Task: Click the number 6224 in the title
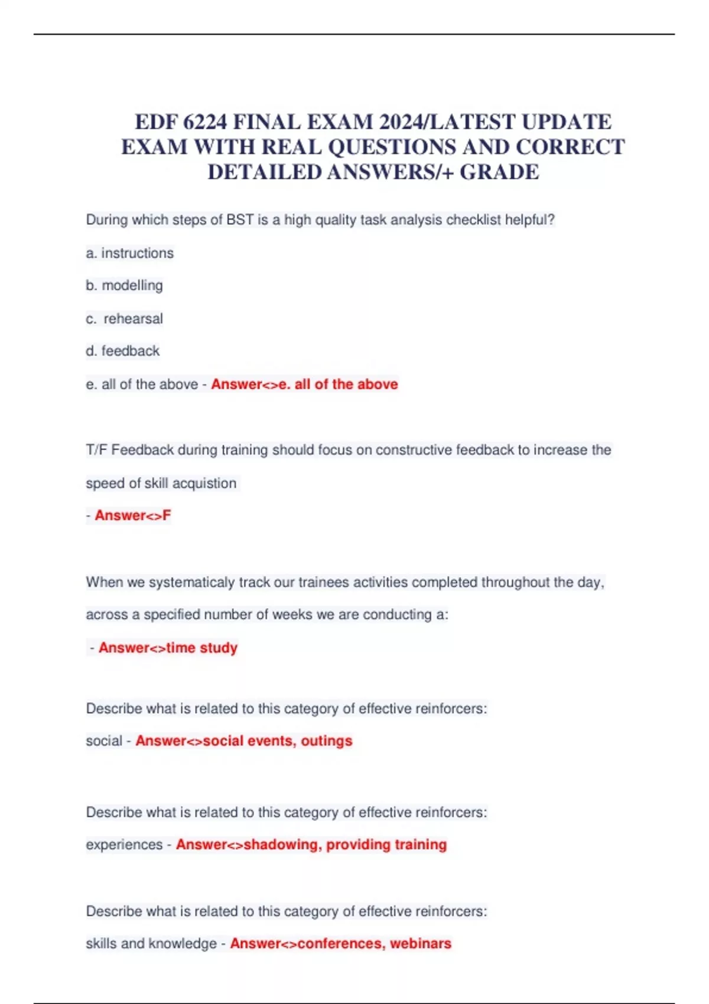205,122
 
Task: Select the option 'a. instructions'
130,253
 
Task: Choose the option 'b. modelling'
124,286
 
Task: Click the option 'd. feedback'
123,351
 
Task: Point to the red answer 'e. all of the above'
338,384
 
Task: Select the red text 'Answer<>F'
133,516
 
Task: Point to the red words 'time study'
202,648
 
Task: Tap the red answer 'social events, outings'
278,741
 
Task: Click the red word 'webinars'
421,944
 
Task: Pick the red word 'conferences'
340,944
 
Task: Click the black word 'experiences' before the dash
124,845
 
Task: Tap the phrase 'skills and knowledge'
151,944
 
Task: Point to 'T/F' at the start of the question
96,451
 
